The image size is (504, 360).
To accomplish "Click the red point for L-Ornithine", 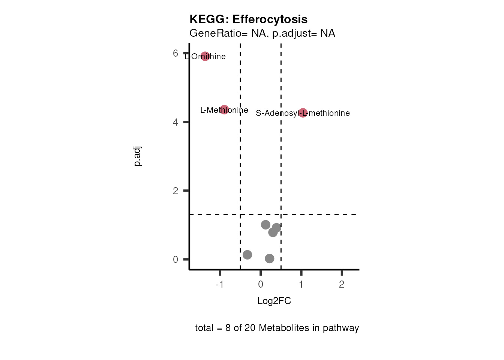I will [205, 56].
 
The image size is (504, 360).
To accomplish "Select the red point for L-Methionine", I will [224, 110].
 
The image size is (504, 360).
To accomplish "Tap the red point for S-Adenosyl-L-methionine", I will [303, 112].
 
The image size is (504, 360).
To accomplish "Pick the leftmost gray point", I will [247, 255].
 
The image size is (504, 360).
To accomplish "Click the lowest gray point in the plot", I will [270, 258].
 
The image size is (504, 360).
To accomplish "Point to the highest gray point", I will [265, 225].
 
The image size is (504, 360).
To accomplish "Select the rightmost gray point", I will [276, 228].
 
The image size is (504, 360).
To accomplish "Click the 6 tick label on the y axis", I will [175, 53].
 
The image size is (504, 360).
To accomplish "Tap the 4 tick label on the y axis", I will [175, 122].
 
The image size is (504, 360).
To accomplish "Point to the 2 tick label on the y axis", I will [175, 191].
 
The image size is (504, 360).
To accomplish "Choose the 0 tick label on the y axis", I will [175, 259].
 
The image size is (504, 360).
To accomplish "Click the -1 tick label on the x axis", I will [220, 284].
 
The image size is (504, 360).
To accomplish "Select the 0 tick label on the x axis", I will [261, 284].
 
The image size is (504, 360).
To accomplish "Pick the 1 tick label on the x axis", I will [301, 284].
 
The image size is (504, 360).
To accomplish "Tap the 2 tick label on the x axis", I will [342, 284].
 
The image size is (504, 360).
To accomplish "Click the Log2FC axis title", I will [274, 301].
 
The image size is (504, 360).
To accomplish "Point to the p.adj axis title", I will [138, 156].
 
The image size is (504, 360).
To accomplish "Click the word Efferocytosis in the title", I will [270, 19].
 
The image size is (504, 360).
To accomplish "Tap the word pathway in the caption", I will [340, 328].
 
